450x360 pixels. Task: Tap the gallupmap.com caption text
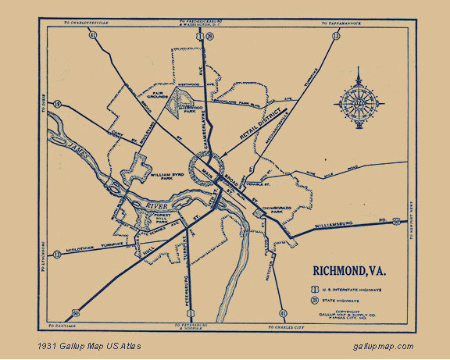[x=383, y=345]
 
